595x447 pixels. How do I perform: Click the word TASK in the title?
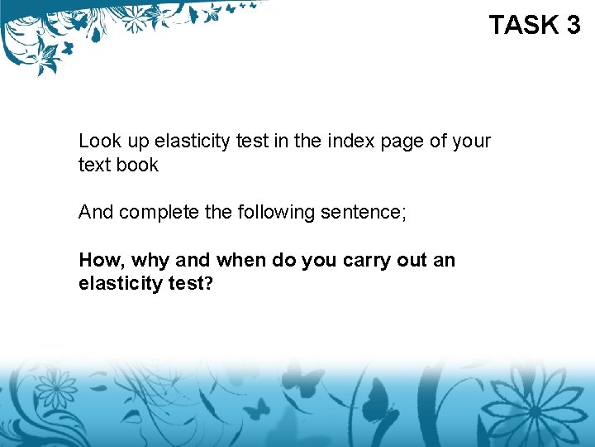click(525, 25)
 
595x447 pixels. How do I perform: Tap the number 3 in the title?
click(574, 25)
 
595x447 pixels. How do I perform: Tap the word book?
click(137, 165)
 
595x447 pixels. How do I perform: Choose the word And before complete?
click(96, 213)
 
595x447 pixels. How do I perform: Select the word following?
click(272, 214)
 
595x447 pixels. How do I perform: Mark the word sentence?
click(362, 213)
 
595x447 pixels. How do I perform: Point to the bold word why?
click(151, 262)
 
